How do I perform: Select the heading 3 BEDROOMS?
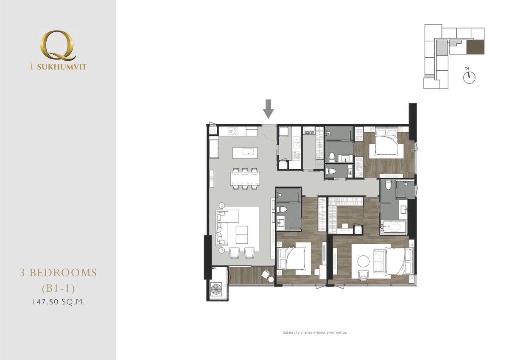[x=59, y=273]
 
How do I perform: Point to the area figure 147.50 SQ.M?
[x=59, y=303]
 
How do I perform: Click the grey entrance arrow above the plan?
[x=268, y=109]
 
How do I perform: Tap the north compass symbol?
[x=470, y=77]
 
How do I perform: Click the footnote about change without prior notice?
[x=315, y=332]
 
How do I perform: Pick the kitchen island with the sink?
[x=246, y=152]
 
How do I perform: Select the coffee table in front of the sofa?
[x=242, y=232]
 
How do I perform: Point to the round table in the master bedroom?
[x=364, y=260]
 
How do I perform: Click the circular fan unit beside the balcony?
[x=218, y=289]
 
